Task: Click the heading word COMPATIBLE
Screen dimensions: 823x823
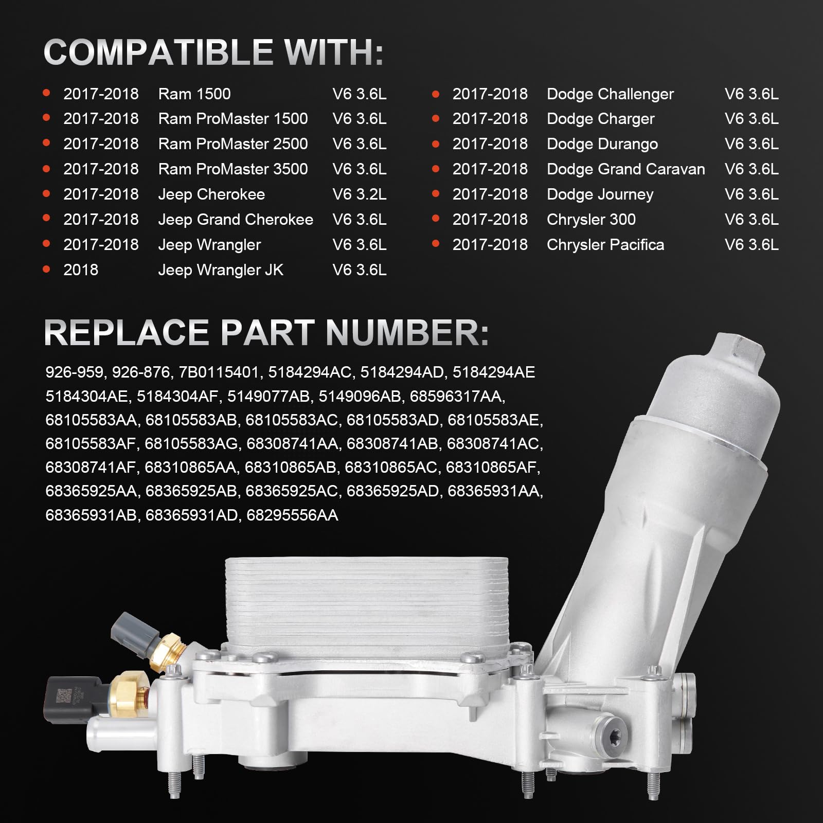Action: coord(158,52)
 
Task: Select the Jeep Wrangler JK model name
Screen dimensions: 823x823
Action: coord(221,270)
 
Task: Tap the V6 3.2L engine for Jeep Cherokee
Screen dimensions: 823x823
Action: coord(360,194)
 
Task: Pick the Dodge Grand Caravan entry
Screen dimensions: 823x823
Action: coord(626,169)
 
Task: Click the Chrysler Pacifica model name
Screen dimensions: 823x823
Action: coord(605,245)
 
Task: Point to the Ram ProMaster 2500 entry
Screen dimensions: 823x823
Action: coord(233,144)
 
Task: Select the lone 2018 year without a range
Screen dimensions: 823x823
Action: coord(81,270)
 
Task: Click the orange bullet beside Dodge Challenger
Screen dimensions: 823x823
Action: coord(436,94)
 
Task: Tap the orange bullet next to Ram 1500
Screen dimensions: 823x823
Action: coord(46,94)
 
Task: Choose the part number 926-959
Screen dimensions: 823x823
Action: coord(74,372)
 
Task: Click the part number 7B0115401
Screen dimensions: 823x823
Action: coord(219,372)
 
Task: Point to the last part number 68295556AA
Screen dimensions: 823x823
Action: coord(292,515)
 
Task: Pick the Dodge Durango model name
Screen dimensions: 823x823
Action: coord(602,144)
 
